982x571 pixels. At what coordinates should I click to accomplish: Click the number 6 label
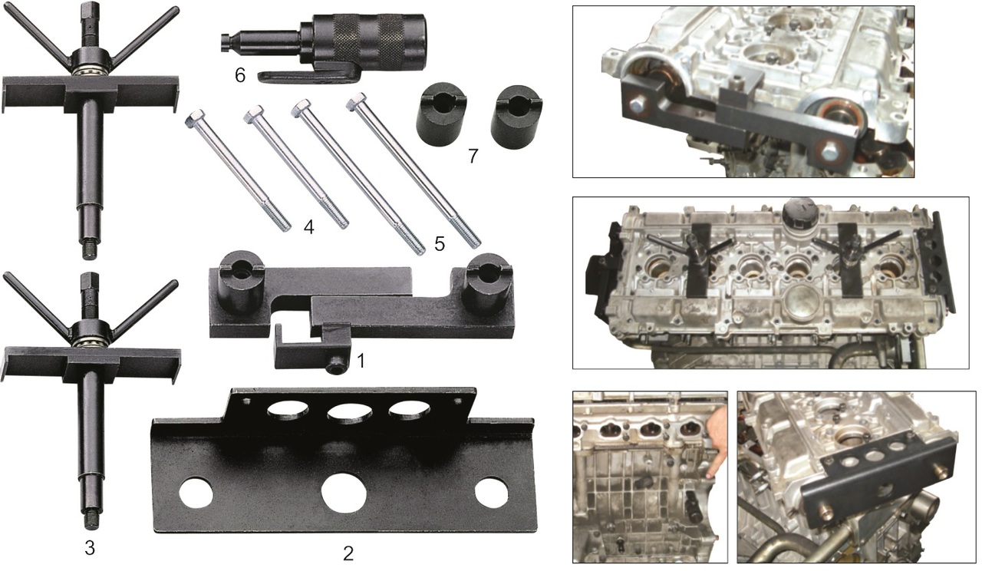240,75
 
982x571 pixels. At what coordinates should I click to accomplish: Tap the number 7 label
473,156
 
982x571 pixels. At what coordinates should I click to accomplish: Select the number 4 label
308,226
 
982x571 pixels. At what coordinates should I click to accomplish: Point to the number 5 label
440,243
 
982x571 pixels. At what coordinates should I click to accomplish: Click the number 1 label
361,361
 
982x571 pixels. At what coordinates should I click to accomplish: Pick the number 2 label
348,553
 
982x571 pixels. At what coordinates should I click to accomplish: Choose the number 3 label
90,548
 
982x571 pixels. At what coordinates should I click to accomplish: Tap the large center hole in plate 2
344,493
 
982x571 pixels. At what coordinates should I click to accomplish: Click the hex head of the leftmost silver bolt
194,118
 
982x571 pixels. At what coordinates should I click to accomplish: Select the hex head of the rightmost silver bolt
356,102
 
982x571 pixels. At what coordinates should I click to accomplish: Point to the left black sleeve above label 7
440,114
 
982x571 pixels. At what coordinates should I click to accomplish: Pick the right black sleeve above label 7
516,117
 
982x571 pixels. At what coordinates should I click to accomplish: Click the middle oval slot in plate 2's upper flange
349,412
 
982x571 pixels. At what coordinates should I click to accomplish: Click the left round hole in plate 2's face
196,492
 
